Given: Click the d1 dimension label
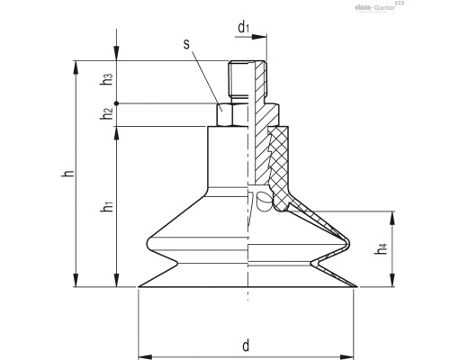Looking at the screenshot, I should [243, 28].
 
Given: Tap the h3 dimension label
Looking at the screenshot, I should [108, 79].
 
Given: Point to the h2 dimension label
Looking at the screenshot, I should [108, 113].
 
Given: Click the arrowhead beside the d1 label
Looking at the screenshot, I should [264, 37].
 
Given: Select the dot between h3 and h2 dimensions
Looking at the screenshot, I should [117, 102].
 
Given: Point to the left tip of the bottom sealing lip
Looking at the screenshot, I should [139, 287].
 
